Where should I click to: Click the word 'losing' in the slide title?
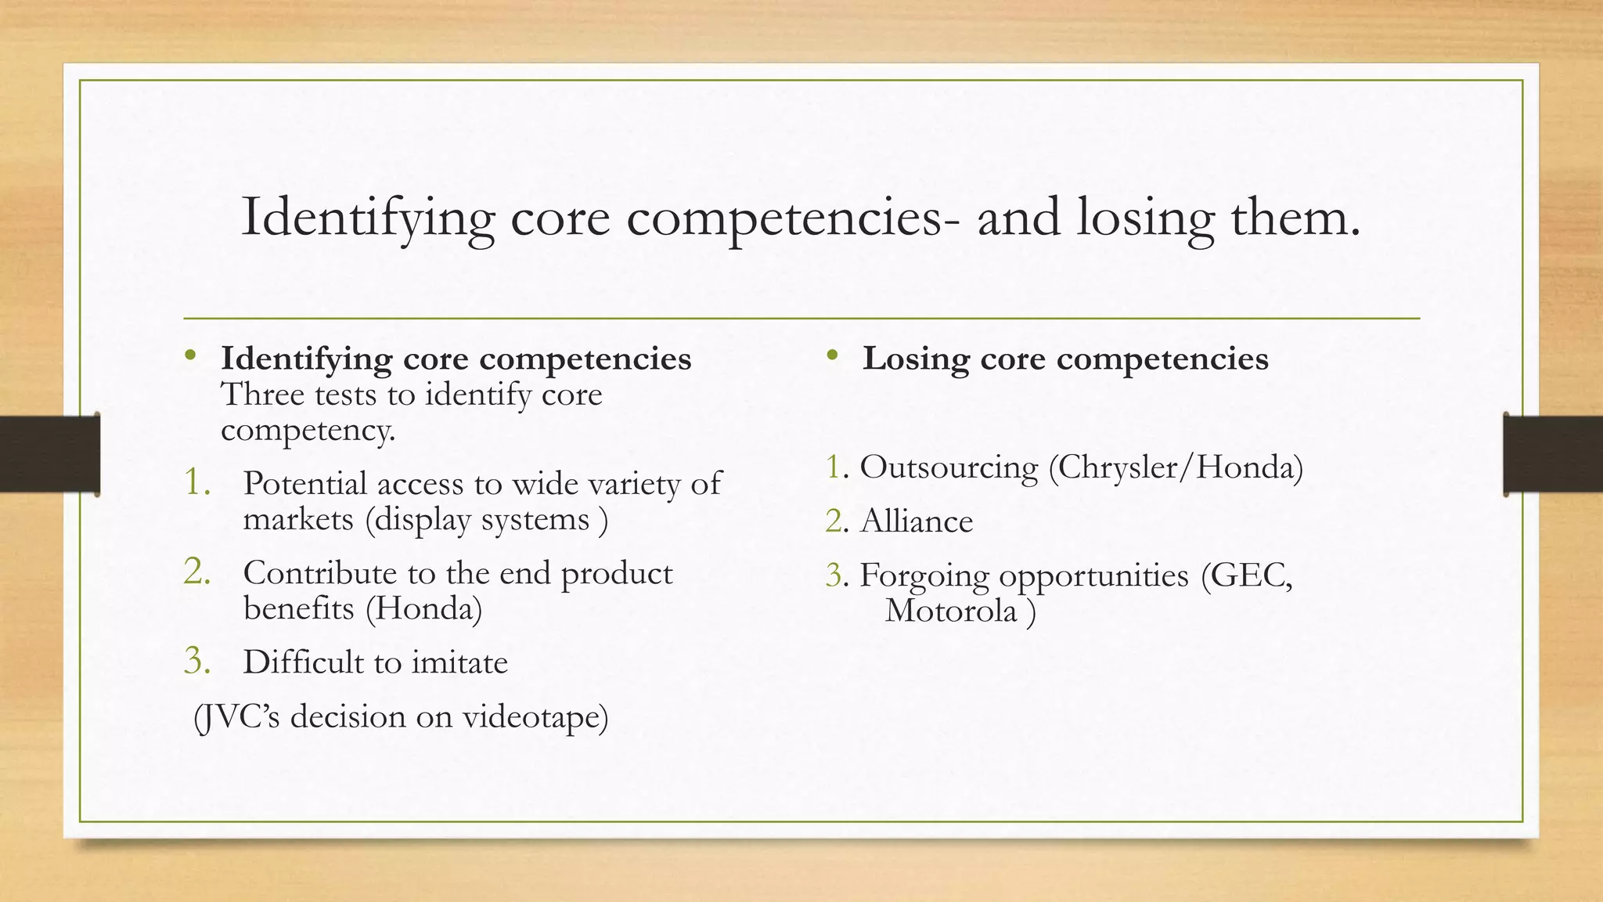coord(1144,218)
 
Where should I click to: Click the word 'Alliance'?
coord(917,521)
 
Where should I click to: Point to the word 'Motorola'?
coord(950,611)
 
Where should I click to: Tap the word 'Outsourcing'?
coord(949,467)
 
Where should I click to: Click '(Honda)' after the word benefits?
coord(423,608)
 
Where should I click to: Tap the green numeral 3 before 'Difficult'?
coord(196,662)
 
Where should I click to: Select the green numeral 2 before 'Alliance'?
coord(834,521)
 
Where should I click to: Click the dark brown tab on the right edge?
coord(1553,454)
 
